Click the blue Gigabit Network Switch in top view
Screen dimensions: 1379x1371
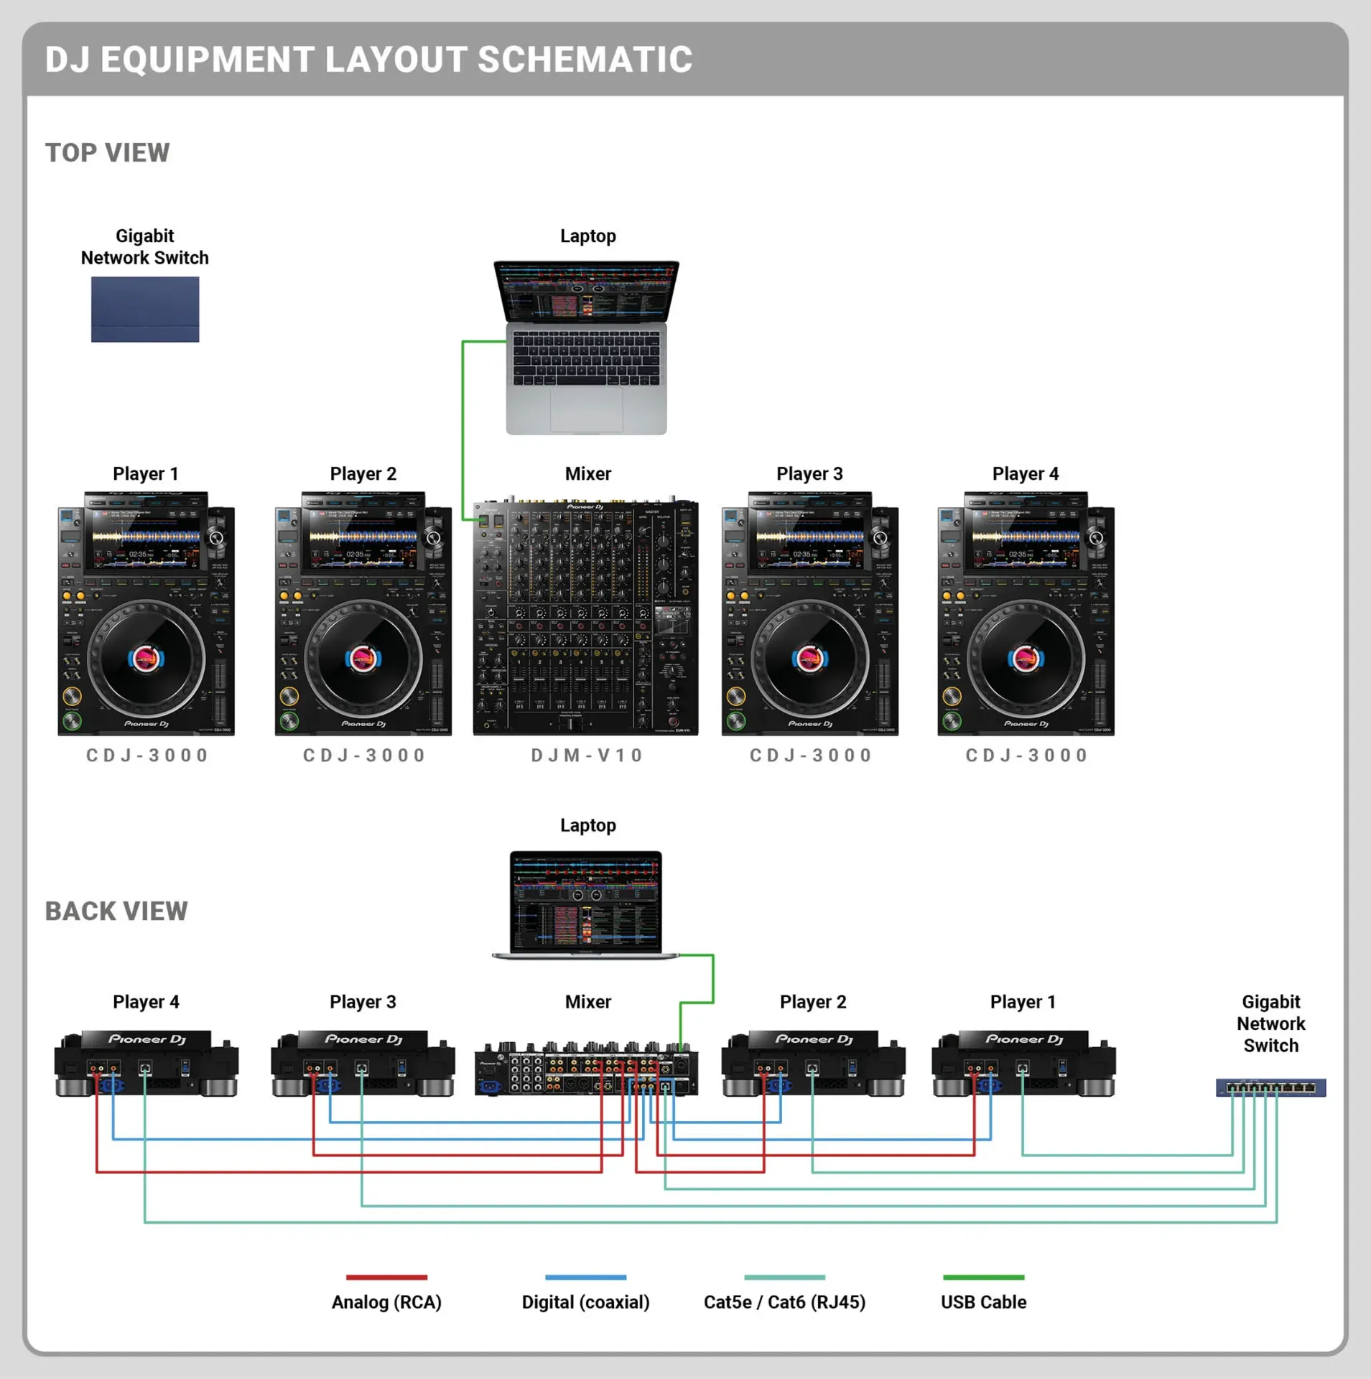coord(144,310)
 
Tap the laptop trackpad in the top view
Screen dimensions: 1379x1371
coord(586,407)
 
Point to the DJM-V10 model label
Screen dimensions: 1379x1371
coord(587,756)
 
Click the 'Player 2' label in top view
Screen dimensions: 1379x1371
coord(363,474)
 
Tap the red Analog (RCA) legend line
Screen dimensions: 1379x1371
coord(386,1277)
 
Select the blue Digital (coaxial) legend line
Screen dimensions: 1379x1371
coord(585,1277)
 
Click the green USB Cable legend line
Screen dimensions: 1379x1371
coord(983,1277)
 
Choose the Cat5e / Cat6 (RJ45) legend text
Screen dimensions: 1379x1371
coord(784,1302)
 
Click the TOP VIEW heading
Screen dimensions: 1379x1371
coord(108,153)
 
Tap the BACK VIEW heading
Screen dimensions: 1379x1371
coord(116,911)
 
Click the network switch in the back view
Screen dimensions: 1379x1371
coord(1270,1087)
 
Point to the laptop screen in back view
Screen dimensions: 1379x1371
coord(586,901)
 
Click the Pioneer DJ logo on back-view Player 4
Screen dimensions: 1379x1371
coord(147,1039)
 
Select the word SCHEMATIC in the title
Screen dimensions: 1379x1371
coord(585,60)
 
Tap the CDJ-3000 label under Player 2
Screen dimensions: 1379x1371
coord(364,756)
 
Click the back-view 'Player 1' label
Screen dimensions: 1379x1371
coord(1023,1002)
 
